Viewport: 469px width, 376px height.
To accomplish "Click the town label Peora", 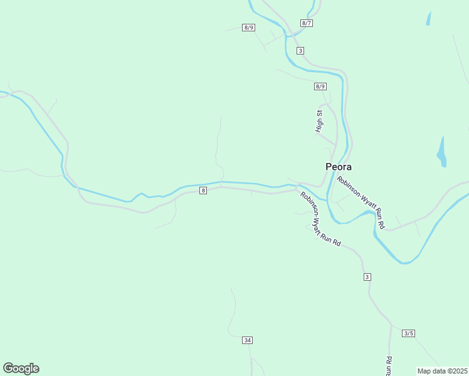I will click(x=339, y=167).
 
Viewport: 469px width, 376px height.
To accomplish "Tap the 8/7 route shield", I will click(x=307, y=23).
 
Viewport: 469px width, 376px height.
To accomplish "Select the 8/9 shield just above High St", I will click(x=320, y=86).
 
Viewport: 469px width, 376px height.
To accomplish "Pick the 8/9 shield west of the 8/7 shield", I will click(x=249, y=28).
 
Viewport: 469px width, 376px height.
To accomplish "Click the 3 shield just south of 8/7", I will click(x=301, y=51).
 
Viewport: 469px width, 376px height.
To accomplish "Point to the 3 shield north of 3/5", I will click(x=367, y=276).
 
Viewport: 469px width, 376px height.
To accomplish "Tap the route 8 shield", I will click(x=203, y=191).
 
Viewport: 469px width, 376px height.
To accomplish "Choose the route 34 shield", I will click(x=248, y=340).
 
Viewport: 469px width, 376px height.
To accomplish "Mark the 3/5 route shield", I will click(x=409, y=333).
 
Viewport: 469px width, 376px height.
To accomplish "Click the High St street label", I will click(x=319, y=121).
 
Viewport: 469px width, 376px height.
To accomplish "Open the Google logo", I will click(x=21, y=368).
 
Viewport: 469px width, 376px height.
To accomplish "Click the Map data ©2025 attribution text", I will click(x=443, y=371).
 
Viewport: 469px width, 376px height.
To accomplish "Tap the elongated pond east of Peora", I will click(x=441, y=152).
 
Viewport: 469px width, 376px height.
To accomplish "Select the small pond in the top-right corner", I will click(x=429, y=18).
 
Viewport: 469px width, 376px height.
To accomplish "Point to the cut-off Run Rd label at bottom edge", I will click(x=389, y=366).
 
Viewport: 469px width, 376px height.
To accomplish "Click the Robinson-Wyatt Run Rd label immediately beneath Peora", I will click(x=361, y=202).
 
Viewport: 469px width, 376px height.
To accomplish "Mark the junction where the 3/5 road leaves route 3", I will click(x=391, y=326).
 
